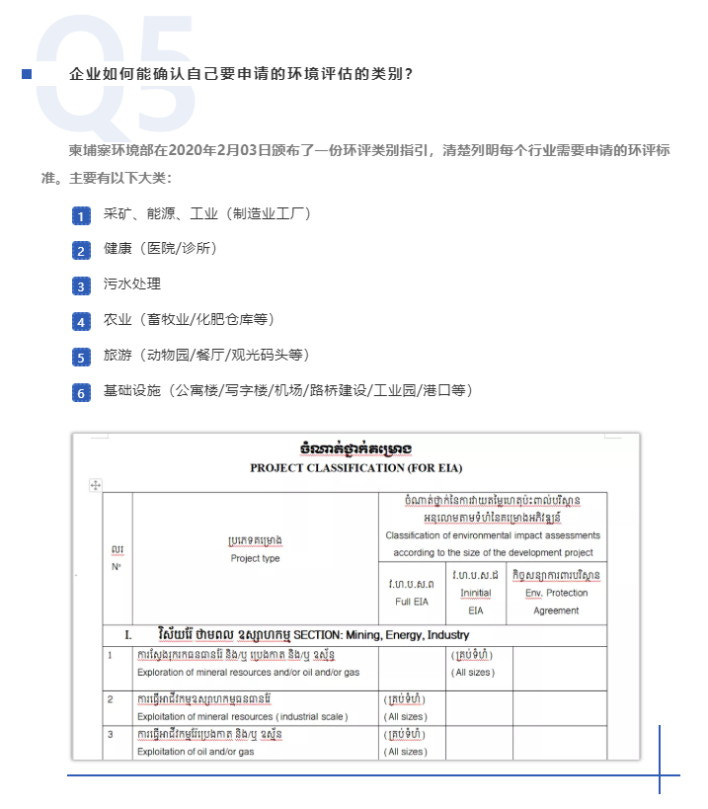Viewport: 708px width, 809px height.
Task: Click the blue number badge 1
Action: [81, 215]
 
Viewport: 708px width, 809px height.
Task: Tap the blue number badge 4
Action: [81, 321]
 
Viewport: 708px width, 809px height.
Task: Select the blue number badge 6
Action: [81, 392]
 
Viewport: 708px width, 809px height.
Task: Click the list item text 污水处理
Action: [132, 284]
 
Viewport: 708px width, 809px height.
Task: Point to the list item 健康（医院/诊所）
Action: [160, 249]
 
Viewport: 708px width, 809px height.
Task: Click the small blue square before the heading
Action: [27, 75]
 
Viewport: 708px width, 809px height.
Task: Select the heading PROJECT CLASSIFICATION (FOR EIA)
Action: [355, 467]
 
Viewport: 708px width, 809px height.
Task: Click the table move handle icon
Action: [96, 485]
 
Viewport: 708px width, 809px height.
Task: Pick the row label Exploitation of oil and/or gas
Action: [196, 752]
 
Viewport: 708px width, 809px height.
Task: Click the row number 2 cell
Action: [112, 698]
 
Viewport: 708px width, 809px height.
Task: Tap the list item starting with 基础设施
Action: [287, 391]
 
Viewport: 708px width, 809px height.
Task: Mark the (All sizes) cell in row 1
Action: [474, 673]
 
